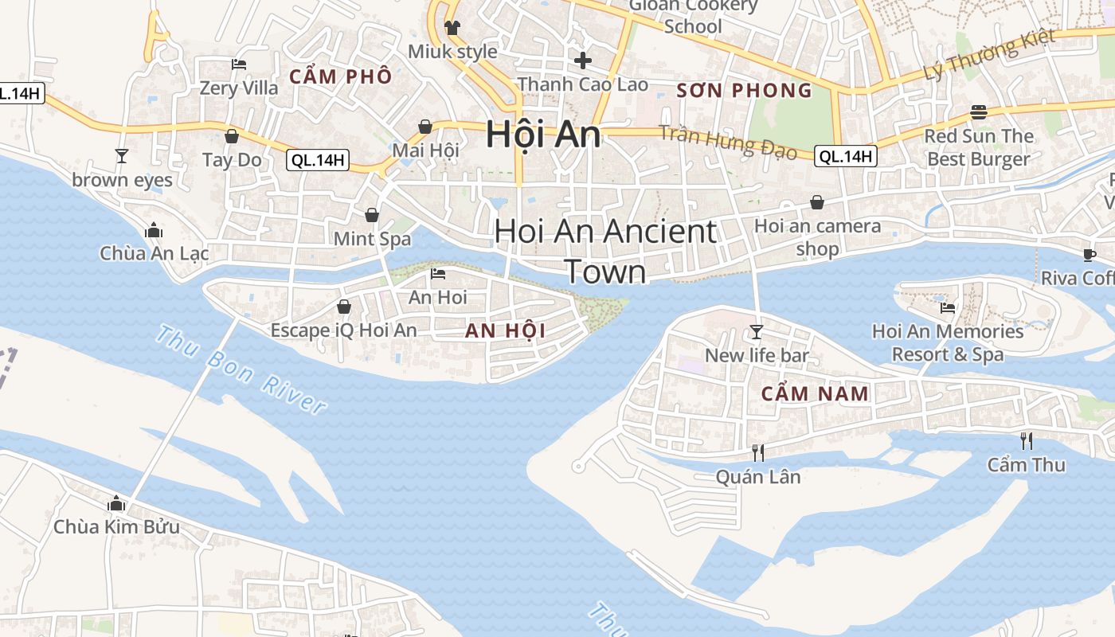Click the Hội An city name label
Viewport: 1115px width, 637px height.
point(543,133)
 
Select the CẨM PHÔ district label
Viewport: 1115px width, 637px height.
point(340,77)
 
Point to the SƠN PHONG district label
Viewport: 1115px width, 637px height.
point(744,91)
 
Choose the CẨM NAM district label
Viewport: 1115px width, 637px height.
point(815,393)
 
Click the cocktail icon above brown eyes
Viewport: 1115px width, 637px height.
point(121,155)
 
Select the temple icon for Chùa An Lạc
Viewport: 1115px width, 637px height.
point(154,231)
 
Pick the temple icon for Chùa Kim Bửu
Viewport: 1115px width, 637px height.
point(116,503)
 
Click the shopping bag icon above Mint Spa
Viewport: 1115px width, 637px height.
point(372,215)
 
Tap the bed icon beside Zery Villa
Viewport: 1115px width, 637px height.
point(239,64)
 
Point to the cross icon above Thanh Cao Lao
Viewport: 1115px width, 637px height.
point(583,60)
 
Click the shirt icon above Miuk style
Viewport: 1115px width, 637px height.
point(452,28)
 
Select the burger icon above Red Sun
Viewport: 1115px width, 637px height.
point(979,112)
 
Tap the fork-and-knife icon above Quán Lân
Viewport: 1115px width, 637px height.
point(758,453)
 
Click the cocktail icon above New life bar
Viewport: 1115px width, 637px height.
point(757,331)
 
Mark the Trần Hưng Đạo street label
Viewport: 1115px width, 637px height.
point(728,143)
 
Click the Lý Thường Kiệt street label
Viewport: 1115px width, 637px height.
point(989,53)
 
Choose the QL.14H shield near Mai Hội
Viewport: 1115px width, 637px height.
point(318,160)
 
